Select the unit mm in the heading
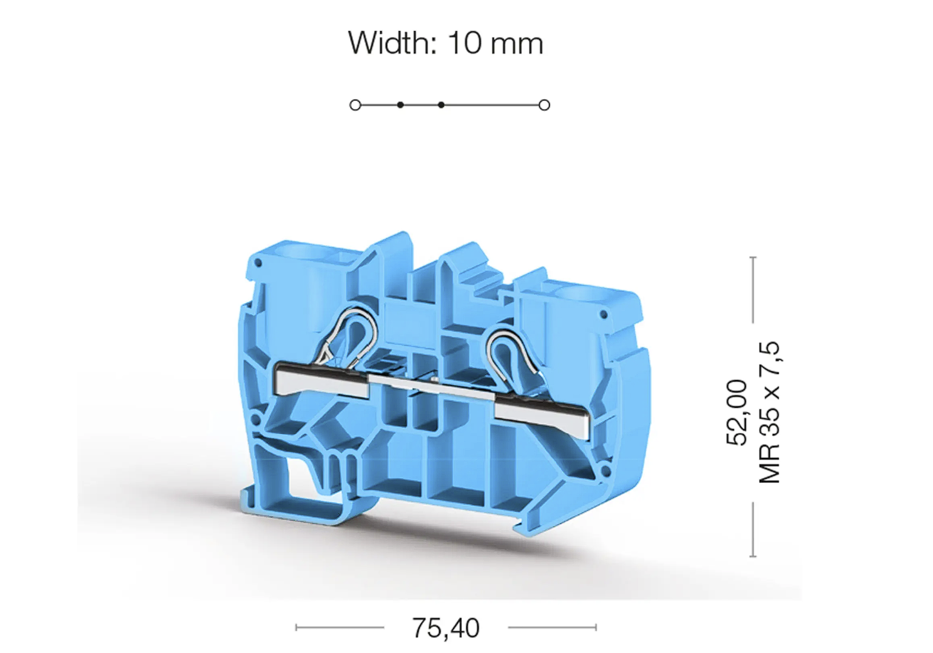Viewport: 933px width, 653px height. click(517, 45)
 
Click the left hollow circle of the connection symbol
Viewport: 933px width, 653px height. click(355, 105)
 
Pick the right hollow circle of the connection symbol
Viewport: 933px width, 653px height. click(544, 105)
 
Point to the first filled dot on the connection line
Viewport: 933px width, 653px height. click(400, 105)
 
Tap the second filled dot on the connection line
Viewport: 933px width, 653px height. click(441, 105)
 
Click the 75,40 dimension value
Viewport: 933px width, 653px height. click(445, 628)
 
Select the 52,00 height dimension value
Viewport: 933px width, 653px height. click(737, 412)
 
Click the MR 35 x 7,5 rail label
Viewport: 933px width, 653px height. click(769, 412)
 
